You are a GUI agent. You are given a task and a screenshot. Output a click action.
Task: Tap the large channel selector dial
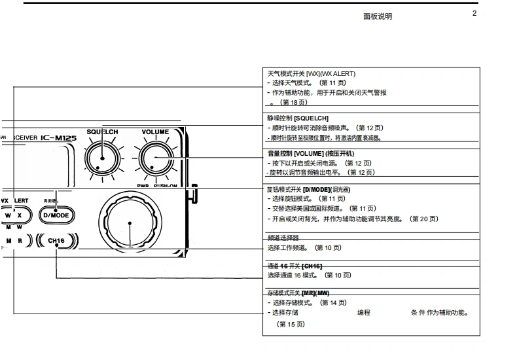pos(130,223)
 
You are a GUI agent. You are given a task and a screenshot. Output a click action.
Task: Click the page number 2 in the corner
pos(474,14)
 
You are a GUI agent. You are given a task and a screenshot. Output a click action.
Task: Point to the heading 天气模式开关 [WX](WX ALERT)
pos(312,74)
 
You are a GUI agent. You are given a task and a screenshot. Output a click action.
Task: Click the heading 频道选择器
pos(283,238)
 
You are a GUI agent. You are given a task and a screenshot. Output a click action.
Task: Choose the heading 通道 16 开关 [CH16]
pos(295,266)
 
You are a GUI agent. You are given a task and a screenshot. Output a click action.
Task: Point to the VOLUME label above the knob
pos(154,132)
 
